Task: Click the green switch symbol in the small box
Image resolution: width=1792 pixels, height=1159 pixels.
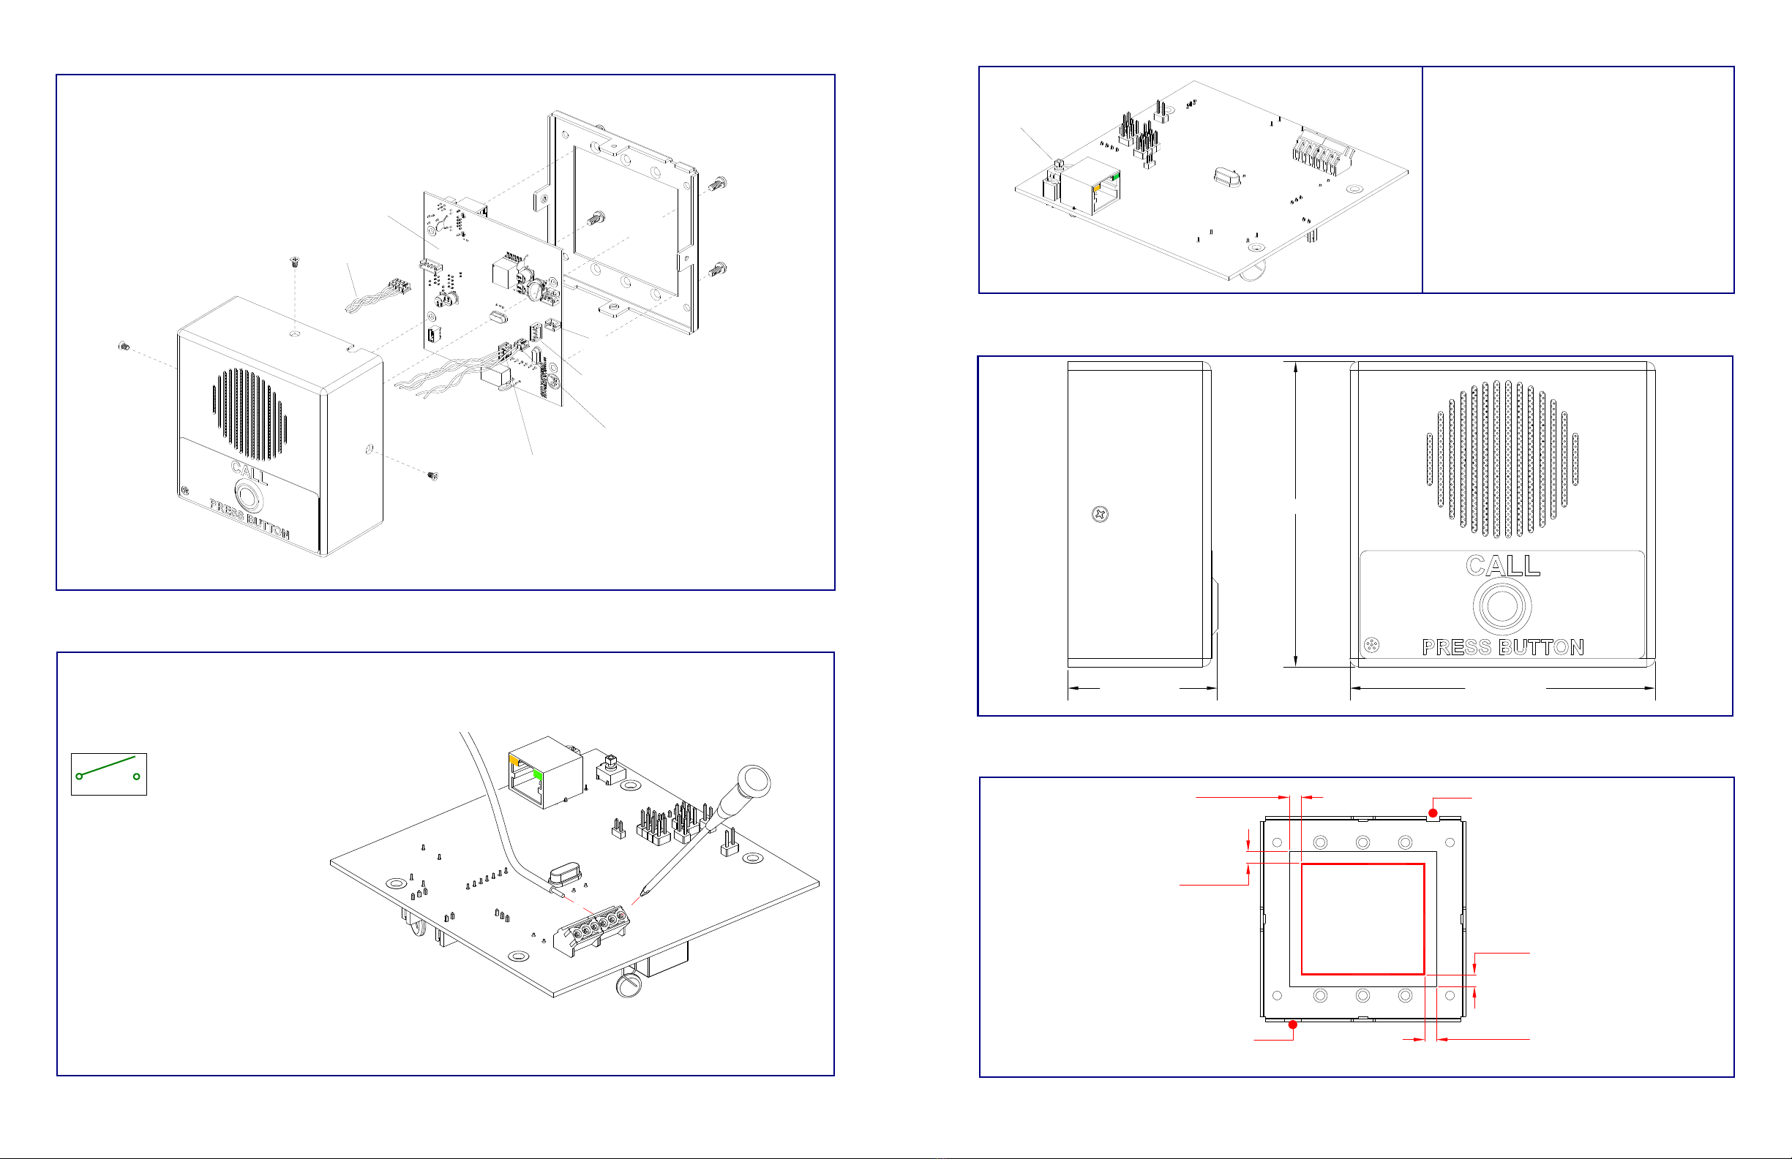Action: (x=108, y=768)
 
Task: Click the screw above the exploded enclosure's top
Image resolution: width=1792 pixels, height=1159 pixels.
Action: (x=294, y=262)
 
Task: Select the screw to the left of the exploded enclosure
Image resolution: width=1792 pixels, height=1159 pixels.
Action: (x=125, y=346)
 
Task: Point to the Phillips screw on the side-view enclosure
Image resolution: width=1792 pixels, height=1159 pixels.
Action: (x=1100, y=515)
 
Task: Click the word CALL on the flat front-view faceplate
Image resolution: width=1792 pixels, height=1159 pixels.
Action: (x=1503, y=565)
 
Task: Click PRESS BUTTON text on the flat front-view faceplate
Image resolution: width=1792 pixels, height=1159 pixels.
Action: (x=1503, y=647)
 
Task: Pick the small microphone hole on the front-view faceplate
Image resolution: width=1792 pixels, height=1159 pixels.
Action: (x=1372, y=645)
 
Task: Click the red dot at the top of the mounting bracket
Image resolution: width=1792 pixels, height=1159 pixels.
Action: (x=1433, y=813)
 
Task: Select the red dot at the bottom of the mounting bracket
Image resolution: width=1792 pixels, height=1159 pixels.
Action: (x=1293, y=1024)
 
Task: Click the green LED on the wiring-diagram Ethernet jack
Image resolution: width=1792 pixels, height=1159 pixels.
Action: (x=538, y=774)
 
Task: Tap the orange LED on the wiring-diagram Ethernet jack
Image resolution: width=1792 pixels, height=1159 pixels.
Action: (x=514, y=760)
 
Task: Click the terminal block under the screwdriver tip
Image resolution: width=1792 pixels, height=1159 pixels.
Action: (x=591, y=930)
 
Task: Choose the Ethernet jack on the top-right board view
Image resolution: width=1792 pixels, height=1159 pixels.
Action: (x=1092, y=186)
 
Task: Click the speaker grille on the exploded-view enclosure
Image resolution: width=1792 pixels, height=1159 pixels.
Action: (x=250, y=414)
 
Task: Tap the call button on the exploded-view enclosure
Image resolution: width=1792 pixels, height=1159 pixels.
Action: (x=248, y=497)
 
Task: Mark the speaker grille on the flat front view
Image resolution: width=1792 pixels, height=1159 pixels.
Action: (x=1502, y=459)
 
